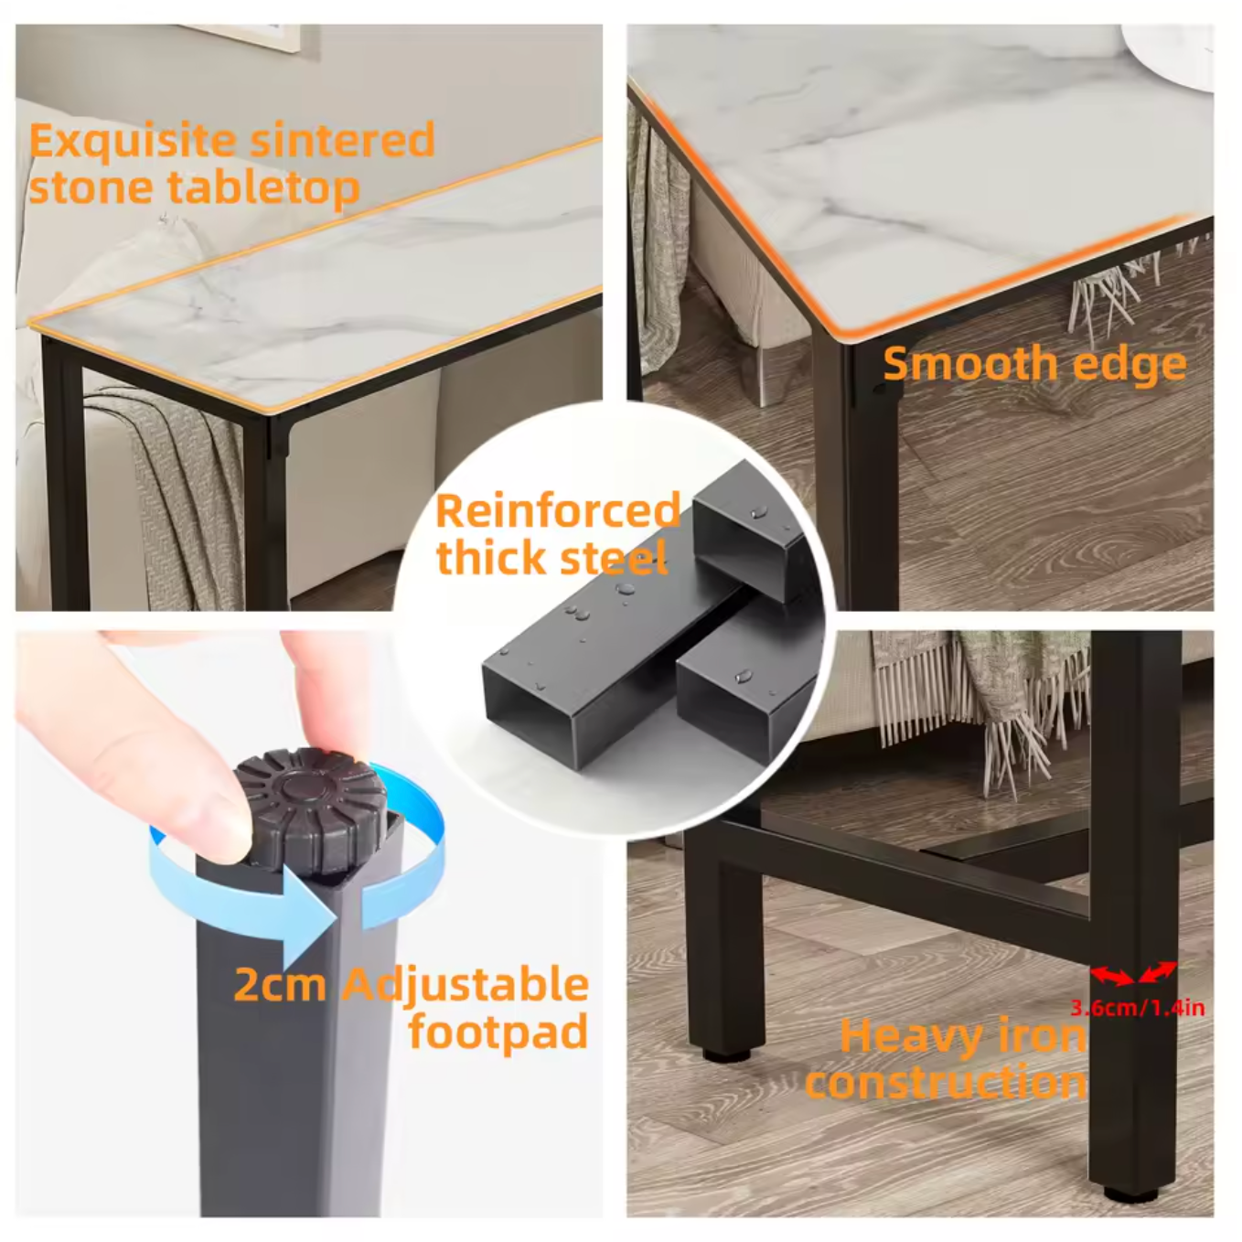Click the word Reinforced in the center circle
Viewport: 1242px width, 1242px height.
[x=557, y=510]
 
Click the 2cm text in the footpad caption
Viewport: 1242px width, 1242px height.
[x=279, y=986]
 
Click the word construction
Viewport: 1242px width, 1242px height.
[x=946, y=1083]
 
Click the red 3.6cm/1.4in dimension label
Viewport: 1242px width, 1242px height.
[x=1137, y=1008]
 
